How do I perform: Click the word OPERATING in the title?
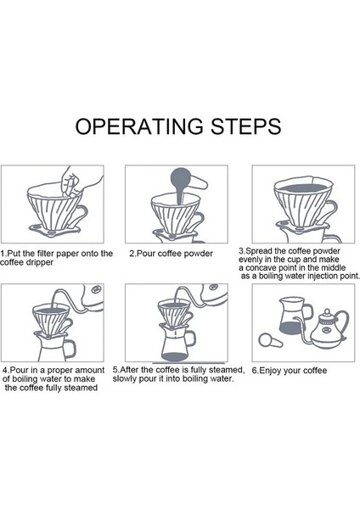(140, 126)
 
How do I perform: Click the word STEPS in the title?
(246, 126)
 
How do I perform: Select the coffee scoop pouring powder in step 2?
(186, 182)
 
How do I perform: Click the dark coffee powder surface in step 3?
(303, 187)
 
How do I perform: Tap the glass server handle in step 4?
(69, 349)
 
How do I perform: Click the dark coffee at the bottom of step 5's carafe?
(176, 357)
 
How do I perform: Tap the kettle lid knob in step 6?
(327, 311)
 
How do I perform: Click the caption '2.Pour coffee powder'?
(171, 254)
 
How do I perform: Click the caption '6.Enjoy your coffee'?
(290, 371)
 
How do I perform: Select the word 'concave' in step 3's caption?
(260, 268)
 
